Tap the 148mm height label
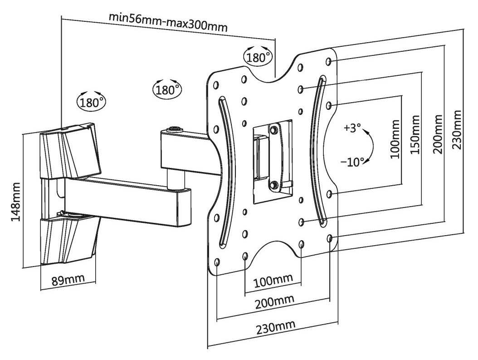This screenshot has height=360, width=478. [x=16, y=201]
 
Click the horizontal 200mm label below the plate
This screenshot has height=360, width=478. [x=273, y=301]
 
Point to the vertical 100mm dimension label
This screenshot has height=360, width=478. [x=395, y=139]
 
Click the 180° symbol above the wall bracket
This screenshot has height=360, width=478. [x=91, y=101]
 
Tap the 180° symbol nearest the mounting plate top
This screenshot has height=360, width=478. [x=259, y=57]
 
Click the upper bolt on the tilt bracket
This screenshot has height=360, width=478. [x=273, y=129]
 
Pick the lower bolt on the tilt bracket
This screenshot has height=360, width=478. [x=273, y=185]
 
